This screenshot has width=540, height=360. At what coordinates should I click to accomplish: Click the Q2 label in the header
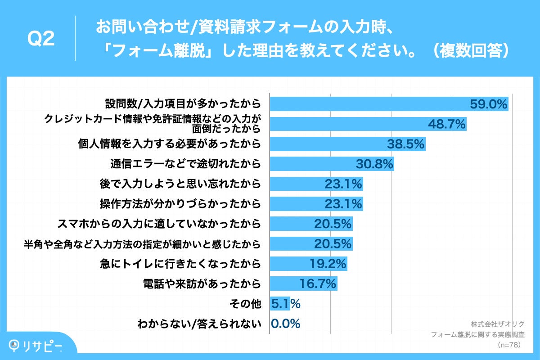pos(41,39)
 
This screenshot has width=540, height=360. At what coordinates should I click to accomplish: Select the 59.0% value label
pos(489,104)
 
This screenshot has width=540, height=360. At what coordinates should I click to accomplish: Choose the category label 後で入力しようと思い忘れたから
pos(180,184)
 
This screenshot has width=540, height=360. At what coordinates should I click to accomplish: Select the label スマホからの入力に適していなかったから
pos(160,224)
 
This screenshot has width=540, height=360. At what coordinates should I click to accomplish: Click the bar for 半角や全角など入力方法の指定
pos(311,243)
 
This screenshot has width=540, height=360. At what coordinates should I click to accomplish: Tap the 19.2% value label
pos(328,263)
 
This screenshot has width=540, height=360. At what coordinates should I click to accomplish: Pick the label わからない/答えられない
pos(199,324)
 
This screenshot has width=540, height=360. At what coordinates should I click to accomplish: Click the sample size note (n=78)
pos(509,344)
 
